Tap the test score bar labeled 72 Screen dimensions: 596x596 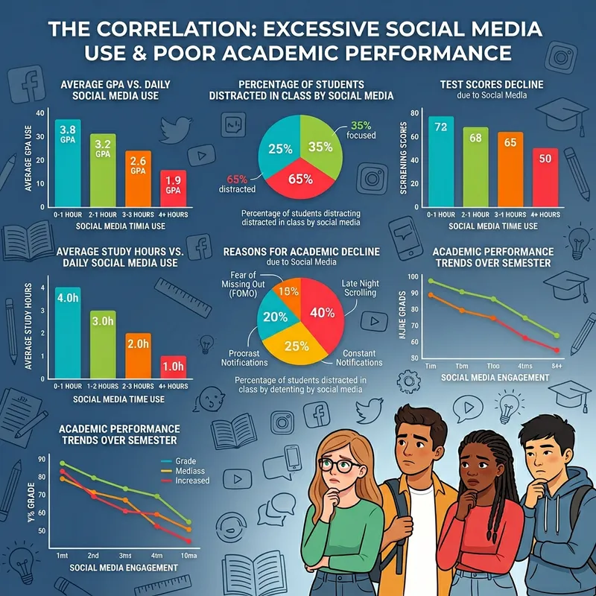click(x=441, y=159)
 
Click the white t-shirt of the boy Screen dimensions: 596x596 click(x=423, y=536)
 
